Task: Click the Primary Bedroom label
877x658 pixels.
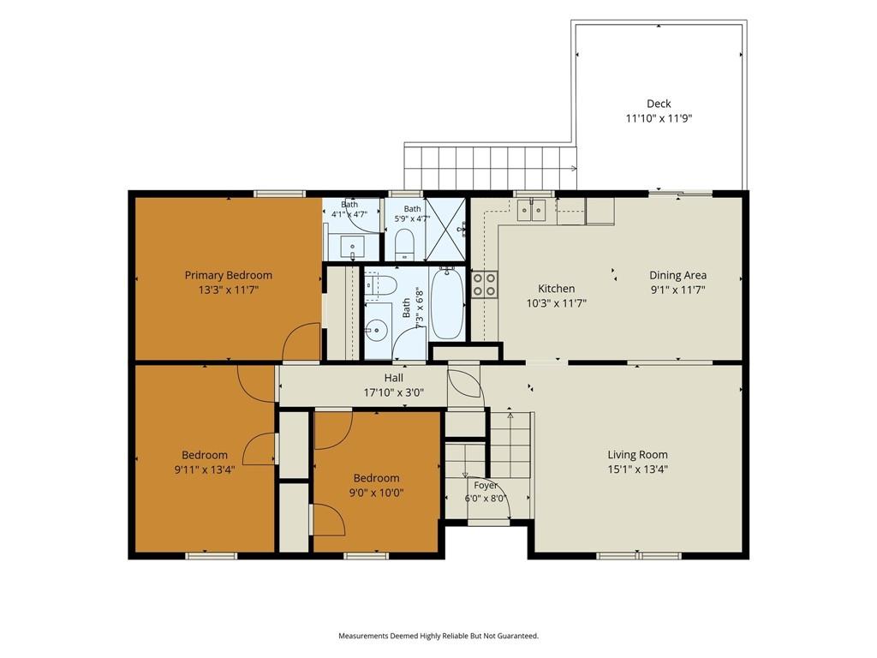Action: point(228,275)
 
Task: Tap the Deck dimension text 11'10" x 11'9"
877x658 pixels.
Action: point(659,118)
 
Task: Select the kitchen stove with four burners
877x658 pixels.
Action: point(485,284)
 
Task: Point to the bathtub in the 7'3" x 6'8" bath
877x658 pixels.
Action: point(446,304)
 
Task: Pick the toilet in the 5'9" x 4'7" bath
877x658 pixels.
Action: point(404,245)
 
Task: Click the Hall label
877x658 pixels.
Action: point(394,378)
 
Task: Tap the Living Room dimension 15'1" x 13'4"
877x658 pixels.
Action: point(637,470)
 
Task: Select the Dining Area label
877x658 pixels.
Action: point(678,275)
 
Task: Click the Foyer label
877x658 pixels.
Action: point(486,486)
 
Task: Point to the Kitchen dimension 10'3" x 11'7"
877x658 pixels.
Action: point(557,304)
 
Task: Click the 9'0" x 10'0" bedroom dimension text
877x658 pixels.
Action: point(377,493)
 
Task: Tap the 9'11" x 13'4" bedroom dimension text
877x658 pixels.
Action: point(205,470)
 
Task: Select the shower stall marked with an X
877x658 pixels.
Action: point(445,230)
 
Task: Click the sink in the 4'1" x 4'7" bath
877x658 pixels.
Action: point(352,246)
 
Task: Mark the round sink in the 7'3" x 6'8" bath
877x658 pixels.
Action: point(377,330)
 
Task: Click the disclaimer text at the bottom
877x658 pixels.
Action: point(438,636)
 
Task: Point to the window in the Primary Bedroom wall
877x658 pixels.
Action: point(280,194)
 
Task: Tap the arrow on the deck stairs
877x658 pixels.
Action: point(574,168)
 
